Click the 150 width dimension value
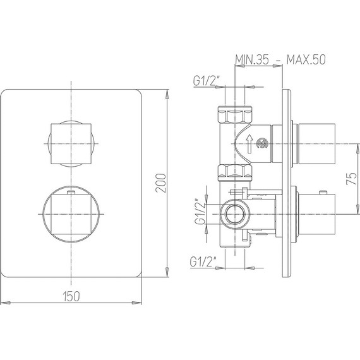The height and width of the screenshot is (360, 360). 71,296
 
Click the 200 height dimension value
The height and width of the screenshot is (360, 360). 160,183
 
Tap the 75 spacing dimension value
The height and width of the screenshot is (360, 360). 351,179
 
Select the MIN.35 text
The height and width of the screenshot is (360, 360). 252,59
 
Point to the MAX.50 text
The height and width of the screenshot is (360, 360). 306,59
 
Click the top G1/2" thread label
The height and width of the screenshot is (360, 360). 207,81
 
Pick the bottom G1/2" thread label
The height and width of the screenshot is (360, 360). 203,261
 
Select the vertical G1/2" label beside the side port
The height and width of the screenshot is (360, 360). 200,212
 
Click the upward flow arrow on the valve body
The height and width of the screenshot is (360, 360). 249,144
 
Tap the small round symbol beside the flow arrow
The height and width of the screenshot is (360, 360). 263,144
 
